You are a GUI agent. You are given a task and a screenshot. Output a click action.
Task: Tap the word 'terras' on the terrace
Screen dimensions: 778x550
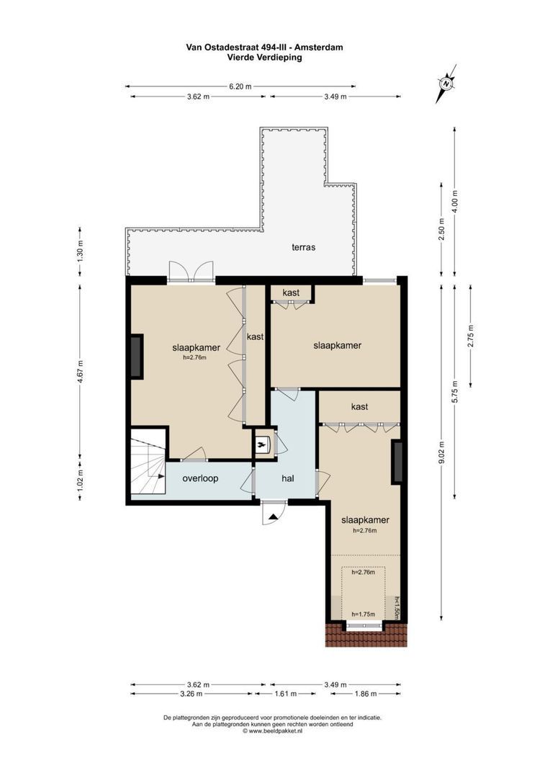click(303, 247)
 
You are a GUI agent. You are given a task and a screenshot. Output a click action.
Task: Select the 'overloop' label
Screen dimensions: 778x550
click(199, 478)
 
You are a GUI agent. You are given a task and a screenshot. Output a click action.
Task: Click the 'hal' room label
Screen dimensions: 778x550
click(288, 478)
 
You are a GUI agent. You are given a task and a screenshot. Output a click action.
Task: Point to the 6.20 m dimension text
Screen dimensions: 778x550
click(240, 86)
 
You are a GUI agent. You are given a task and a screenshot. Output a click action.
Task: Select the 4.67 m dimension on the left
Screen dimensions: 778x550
click(81, 372)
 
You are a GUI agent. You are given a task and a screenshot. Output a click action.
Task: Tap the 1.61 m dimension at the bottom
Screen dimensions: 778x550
click(286, 694)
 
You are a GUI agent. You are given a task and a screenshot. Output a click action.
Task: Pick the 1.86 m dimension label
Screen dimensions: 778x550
click(366, 694)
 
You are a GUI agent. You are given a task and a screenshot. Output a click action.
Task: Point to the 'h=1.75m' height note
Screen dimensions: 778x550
click(364, 614)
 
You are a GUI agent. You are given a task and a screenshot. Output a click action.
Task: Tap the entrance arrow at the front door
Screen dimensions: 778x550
click(273, 516)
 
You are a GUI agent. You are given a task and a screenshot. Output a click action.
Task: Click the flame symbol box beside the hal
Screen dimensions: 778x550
click(262, 445)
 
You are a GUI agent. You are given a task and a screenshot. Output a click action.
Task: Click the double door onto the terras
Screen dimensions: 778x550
click(191, 270)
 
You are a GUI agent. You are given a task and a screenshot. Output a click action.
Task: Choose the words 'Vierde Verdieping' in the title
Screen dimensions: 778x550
click(264, 58)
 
